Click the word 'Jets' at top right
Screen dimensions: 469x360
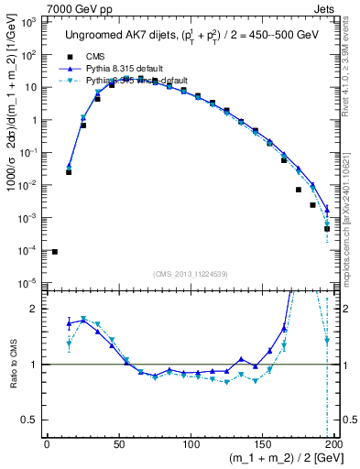pos(324,7)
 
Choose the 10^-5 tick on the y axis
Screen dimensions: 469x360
pos(27,283)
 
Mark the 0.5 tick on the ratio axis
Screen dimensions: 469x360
pos(29,420)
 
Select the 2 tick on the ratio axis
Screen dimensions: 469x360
pos(35,309)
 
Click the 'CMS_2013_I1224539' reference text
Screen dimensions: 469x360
pos(191,272)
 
